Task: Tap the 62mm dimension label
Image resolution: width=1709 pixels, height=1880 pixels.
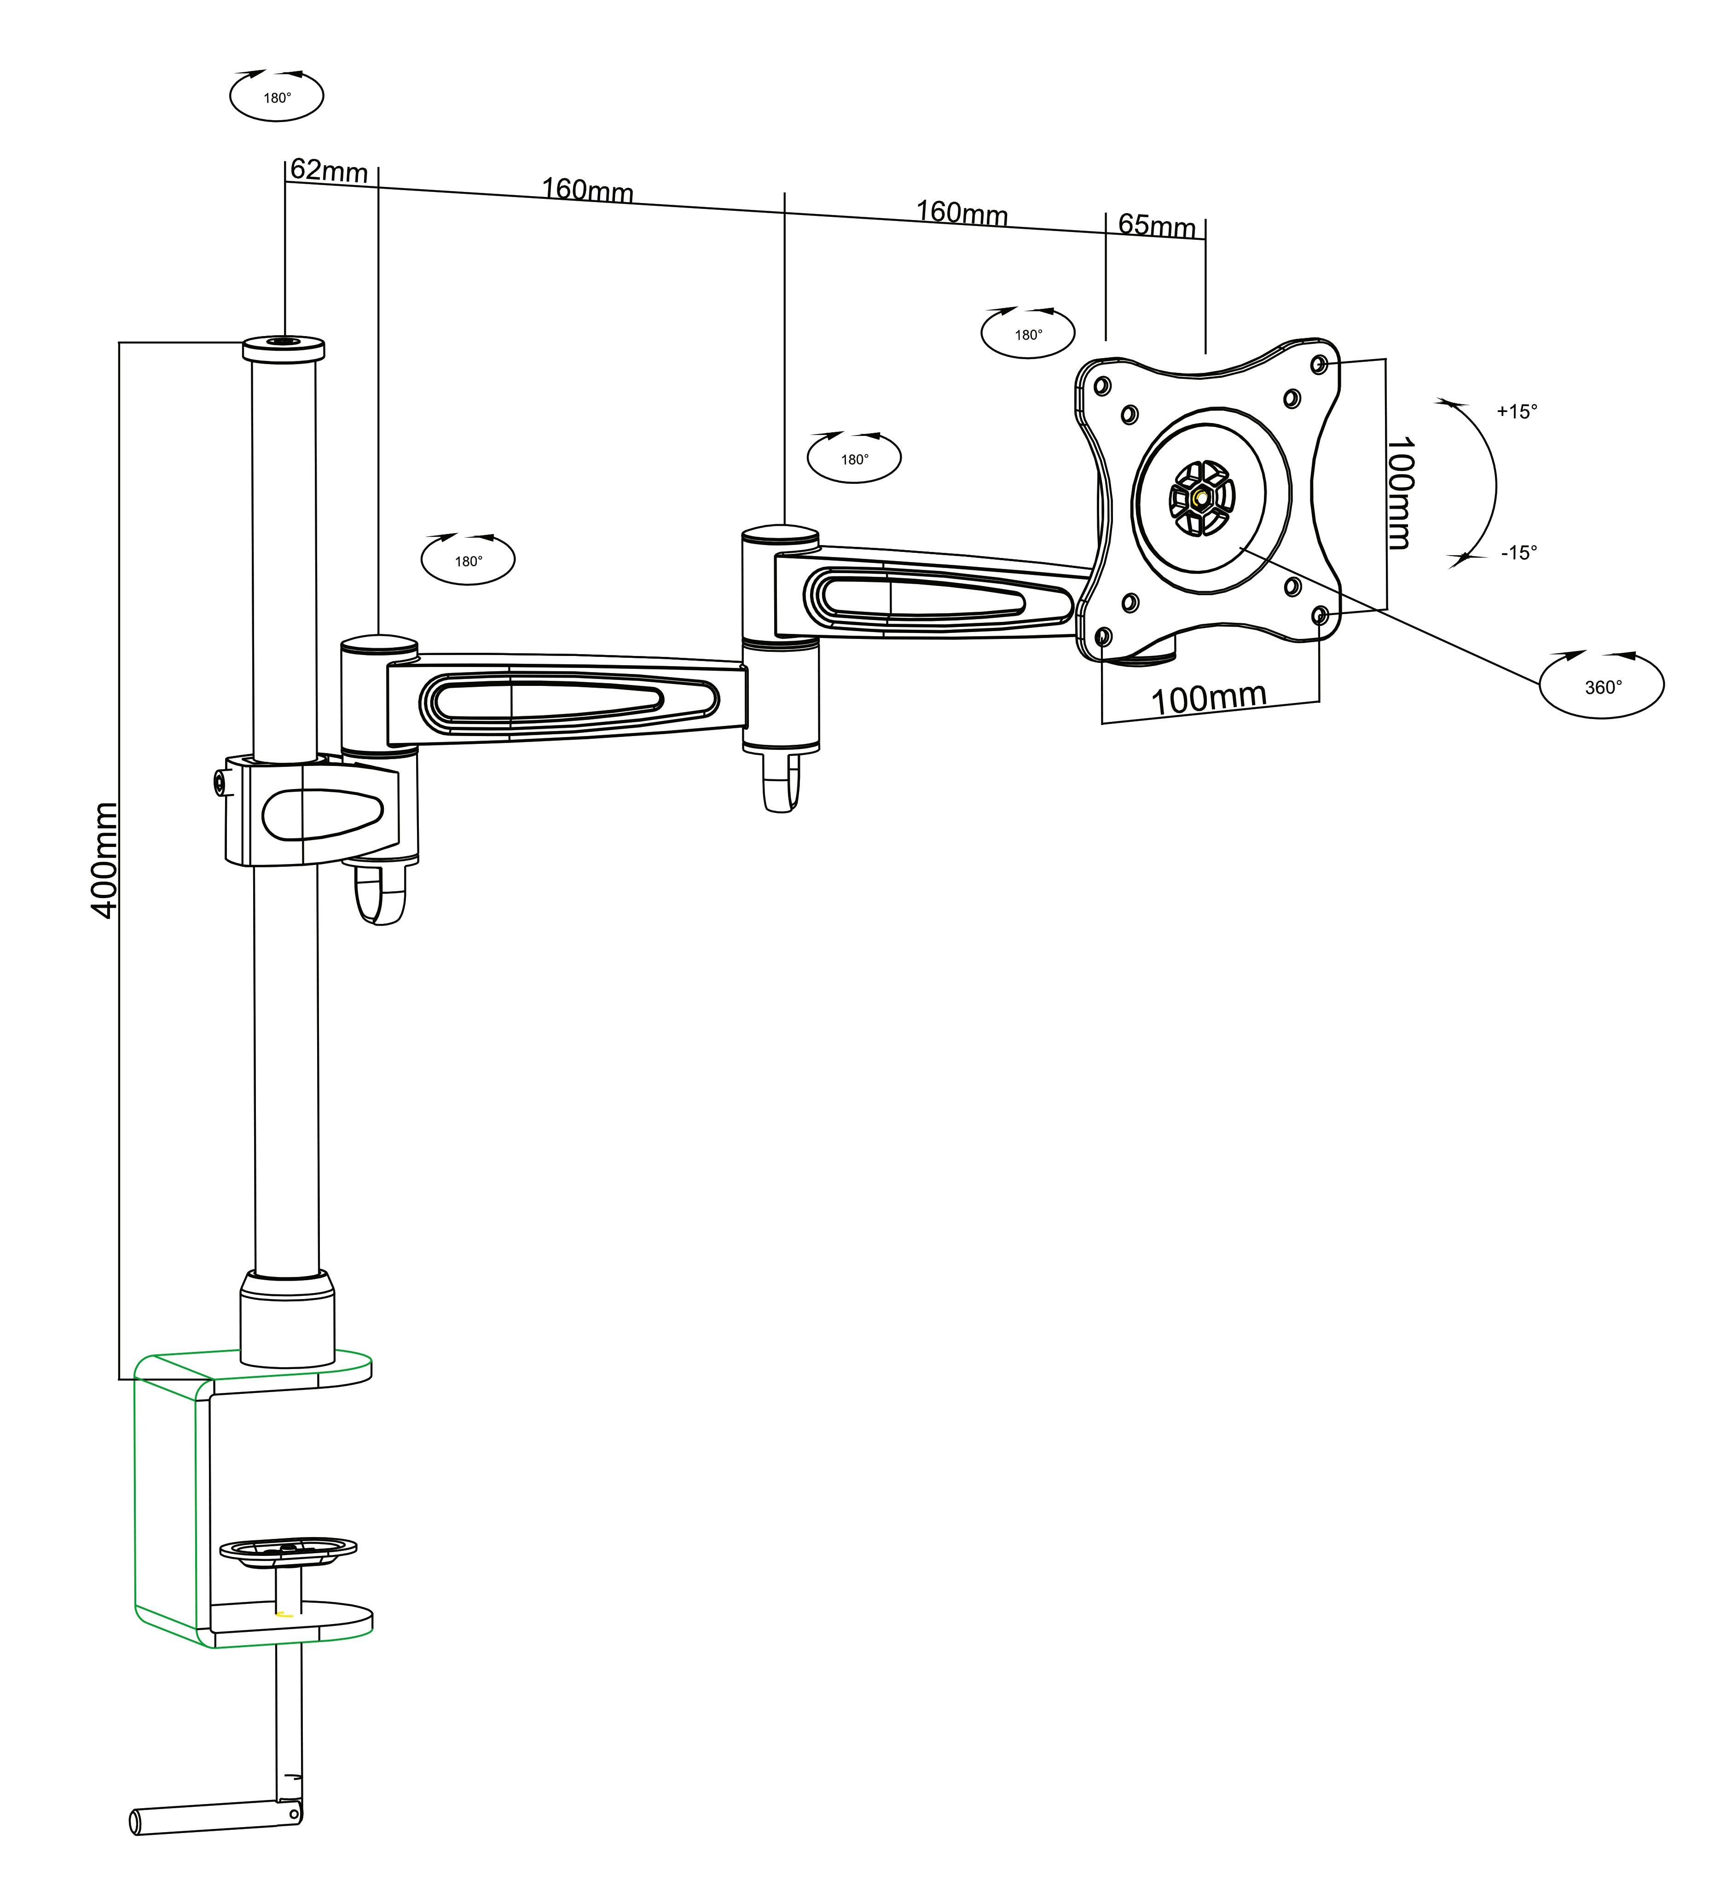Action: point(328,171)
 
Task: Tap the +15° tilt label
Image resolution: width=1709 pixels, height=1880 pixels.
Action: point(1516,411)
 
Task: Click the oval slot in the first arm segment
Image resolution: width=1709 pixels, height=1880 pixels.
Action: point(541,697)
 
